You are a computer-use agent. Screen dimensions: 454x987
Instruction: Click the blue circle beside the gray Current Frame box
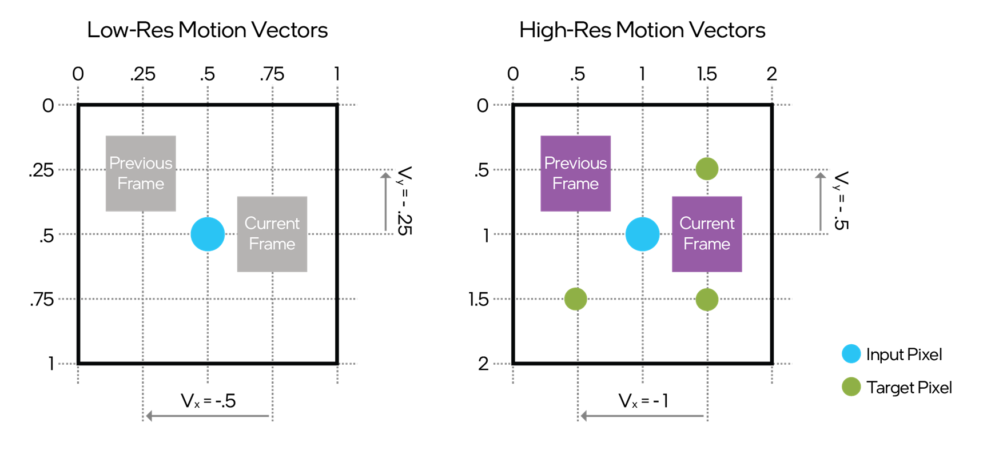pyautogui.click(x=208, y=234)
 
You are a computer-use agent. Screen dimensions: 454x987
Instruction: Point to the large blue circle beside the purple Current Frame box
pyautogui.click(x=642, y=234)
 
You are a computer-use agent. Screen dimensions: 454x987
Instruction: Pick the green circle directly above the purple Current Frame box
pyautogui.click(x=707, y=169)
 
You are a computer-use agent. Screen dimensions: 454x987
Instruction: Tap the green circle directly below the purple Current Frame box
pyautogui.click(x=707, y=299)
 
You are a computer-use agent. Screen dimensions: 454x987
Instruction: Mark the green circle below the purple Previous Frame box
pyautogui.click(x=575, y=298)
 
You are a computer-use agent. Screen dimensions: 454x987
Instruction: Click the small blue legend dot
pyautogui.click(x=851, y=354)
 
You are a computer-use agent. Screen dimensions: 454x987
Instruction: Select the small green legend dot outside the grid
pyautogui.click(x=851, y=387)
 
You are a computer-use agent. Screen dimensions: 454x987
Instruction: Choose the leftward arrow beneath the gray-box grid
pyautogui.click(x=208, y=416)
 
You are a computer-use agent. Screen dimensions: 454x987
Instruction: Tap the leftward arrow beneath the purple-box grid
pyautogui.click(x=642, y=416)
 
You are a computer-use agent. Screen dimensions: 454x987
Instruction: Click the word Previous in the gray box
pyautogui.click(x=141, y=164)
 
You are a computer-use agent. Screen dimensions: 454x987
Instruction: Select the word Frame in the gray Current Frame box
pyautogui.click(x=272, y=244)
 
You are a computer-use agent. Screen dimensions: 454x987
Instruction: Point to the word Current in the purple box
pyautogui.click(x=707, y=224)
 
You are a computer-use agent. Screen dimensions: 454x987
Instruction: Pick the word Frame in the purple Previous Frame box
pyautogui.click(x=575, y=184)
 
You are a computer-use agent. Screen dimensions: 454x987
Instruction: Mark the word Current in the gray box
pyautogui.click(x=272, y=224)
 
